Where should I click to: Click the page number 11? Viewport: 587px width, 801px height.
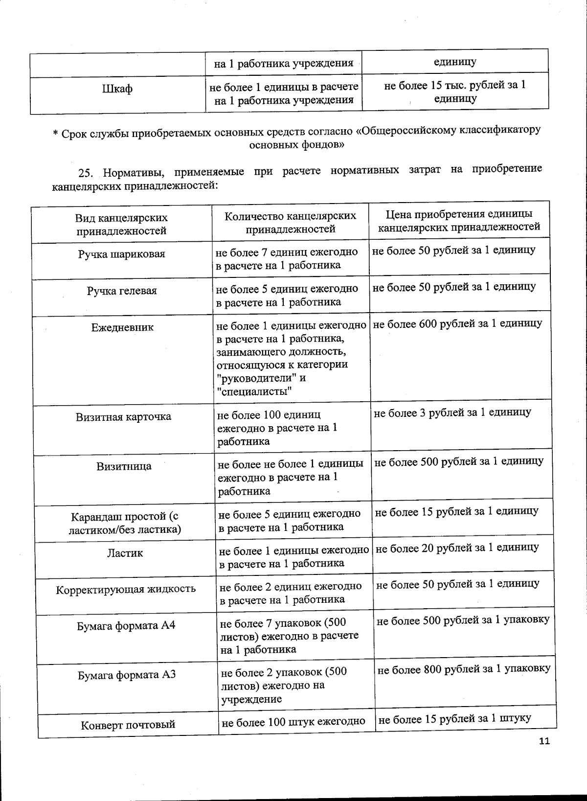pos(544,741)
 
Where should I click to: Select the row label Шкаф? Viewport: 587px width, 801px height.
pos(117,90)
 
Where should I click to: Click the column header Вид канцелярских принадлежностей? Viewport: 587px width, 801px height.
pos(121,224)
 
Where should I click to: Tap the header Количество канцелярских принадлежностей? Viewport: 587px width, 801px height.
pos(290,222)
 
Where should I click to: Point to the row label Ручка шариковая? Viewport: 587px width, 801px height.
pos(122,254)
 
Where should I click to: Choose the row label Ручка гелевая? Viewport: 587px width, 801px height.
pos(122,291)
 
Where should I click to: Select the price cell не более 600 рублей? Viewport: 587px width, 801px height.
pos(457,323)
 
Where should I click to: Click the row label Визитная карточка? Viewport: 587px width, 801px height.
pos(123,417)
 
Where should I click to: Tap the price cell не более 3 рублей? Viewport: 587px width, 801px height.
pos(452,412)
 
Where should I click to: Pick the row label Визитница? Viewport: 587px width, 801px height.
pos(124,466)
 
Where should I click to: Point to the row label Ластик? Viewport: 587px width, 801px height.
pos(125,553)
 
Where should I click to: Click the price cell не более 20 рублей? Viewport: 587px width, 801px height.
pos(457,548)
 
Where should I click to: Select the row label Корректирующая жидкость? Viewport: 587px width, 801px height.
pos(126,589)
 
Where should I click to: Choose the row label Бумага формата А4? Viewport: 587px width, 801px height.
pos(126,626)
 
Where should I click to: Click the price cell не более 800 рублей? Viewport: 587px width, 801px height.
pos(464,669)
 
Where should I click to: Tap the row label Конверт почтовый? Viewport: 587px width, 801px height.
pos(128,725)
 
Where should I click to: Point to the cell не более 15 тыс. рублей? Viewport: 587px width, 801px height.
pos(455,92)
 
